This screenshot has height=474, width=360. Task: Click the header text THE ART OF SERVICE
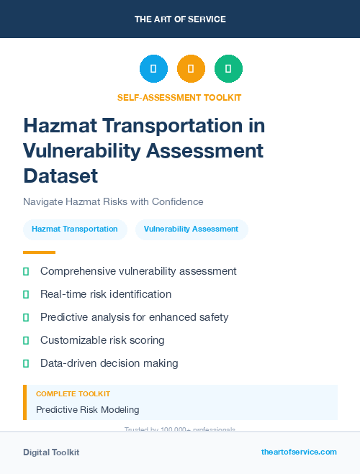(180, 19)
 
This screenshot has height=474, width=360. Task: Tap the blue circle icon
(153, 69)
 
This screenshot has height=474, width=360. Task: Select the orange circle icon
(191, 69)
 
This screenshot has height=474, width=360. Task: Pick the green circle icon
(228, 69)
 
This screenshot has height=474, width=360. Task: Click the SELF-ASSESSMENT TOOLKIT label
(179, 97)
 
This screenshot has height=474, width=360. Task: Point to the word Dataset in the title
(60, 175)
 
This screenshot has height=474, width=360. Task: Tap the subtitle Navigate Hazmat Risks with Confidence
(113, 201)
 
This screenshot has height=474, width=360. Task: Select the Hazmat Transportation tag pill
(75, 229)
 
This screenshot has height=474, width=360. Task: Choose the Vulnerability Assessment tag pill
(191, 229)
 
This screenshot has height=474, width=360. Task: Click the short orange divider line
(39, 252)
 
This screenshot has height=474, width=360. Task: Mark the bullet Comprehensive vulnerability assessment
(138, 271)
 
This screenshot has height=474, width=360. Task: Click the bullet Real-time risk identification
(106, 294)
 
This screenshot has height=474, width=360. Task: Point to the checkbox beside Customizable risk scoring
(26, 340)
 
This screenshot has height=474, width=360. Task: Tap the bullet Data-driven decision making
(109, 363)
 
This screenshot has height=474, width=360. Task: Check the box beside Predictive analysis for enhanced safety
(26, 317)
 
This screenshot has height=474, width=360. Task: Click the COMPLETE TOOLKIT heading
(73, 394)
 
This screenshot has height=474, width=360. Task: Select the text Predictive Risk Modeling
(87, 409)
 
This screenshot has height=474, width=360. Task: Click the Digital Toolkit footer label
(51, 452)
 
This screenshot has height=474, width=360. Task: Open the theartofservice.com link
(299, 452)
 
